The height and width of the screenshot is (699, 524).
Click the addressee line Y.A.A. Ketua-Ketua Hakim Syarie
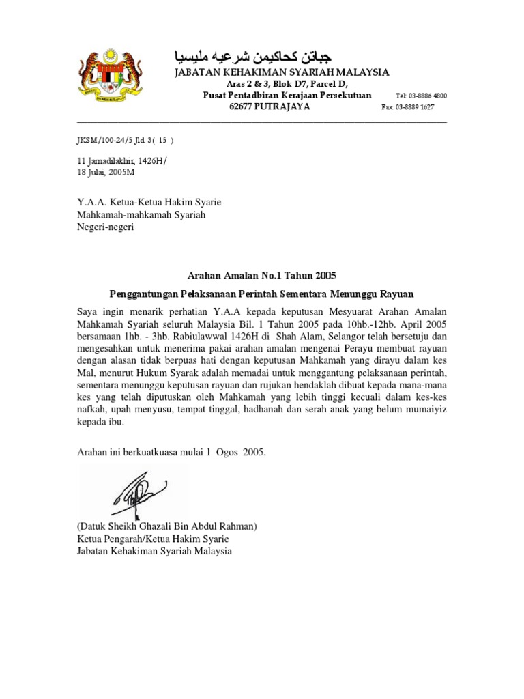148,203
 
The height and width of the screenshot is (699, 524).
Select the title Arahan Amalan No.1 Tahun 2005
262,276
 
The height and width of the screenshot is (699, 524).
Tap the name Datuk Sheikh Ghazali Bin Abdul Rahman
166,526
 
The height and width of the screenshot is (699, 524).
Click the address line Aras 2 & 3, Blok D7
282,84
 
